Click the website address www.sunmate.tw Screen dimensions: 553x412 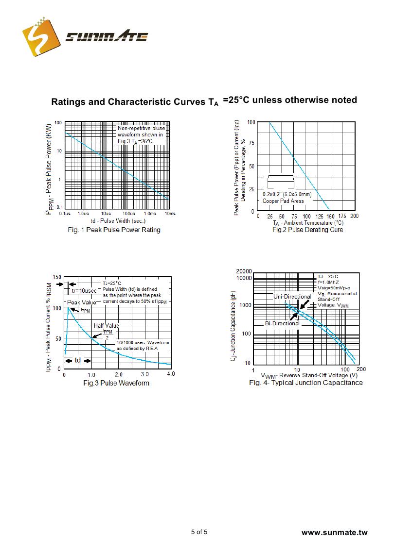[x=334, y=533]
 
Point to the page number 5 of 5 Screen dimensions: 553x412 [x=199, y=532]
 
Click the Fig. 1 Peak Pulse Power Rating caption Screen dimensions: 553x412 [x=114, y=230]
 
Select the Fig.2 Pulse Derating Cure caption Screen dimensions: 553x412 [x=307, y=230]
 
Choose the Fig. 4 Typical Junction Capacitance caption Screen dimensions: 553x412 [x=305, y=383]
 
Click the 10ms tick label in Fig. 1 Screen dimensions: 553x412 [x=170, y=214]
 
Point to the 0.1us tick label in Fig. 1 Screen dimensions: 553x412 [x=65, y=214]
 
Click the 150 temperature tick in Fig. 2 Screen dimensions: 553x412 [x=330, y=216]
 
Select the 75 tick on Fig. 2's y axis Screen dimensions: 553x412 [x=251, y=144]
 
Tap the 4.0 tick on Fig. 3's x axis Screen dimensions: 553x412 [x=171, y=374]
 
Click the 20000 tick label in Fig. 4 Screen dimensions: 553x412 [x=244, y=271]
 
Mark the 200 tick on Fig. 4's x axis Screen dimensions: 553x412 [x=361, y=369]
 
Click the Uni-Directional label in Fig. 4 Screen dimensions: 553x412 [x=292, y=297]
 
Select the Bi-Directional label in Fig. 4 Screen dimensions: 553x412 [x=282, y=323]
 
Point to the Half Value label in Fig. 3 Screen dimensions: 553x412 [x=106, y=326]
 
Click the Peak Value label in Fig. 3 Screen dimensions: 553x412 [x=82, y=302]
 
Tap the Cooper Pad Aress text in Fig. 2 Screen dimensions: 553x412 [x=283, y=201]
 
